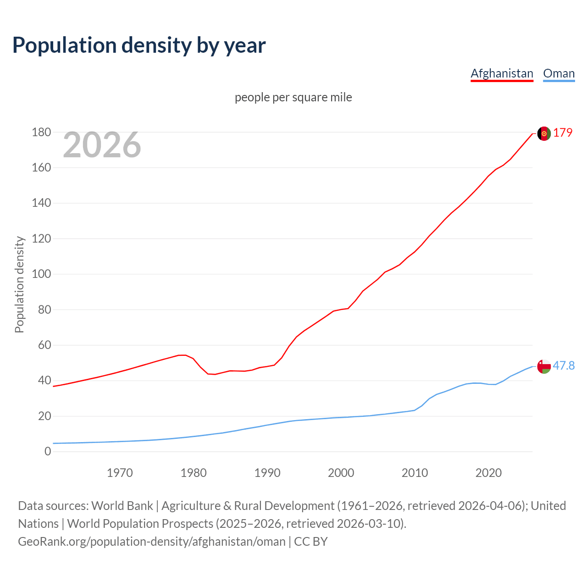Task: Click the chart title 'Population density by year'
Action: tap(139, 45)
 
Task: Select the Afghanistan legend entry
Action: tap(502, 73)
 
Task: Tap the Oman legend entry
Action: tap(559, 73)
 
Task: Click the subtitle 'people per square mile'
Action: tap(293, 97)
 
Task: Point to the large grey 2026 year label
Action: tap(102, 145)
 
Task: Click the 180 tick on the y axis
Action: tap(41, 133)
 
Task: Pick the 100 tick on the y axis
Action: tap(41, 274)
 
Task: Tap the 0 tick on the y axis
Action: tap(48, 452)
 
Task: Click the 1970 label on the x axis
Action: tap(120, 473)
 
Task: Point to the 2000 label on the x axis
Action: tap(341, 473)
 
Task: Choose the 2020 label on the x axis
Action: tap(488, 473)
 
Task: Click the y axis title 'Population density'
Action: tap(19, 284)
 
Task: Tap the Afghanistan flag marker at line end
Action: tap(544, 133)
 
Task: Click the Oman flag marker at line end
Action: tap(544, 366)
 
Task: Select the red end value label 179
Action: tap(563, 133)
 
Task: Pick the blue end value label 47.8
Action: tap(564, 365)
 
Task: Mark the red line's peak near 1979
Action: tap(182, 355)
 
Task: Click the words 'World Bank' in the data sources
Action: tap(122, 506)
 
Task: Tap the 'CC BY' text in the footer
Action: tap(310, 542)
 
